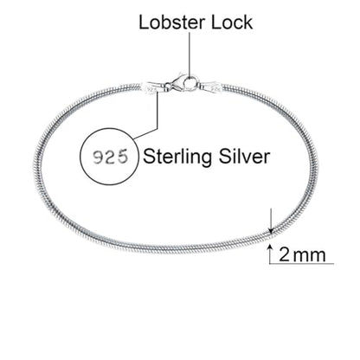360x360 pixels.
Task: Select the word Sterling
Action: tap(178, 157)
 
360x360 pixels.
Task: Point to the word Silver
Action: tap(244, 157)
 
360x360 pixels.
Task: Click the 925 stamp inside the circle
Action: tap(110, 157)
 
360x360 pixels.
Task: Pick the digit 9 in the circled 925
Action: tap(98, 157)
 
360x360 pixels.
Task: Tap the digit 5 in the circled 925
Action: tap(122, 157)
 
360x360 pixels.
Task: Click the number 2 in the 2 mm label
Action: tap(284, 254)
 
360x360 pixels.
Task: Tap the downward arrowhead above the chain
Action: tap(271, 230)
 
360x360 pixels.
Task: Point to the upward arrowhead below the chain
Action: tap(270, 247)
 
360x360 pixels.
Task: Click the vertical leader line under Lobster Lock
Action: tap(190, 55)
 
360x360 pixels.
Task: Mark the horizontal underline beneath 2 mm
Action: tap(302, 263)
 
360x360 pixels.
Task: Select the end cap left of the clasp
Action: tap(152, 87)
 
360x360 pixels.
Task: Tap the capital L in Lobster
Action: tap(144, 22)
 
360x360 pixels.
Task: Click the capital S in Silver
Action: tap(225, 157)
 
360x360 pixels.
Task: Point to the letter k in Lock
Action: tap(248, 22)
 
